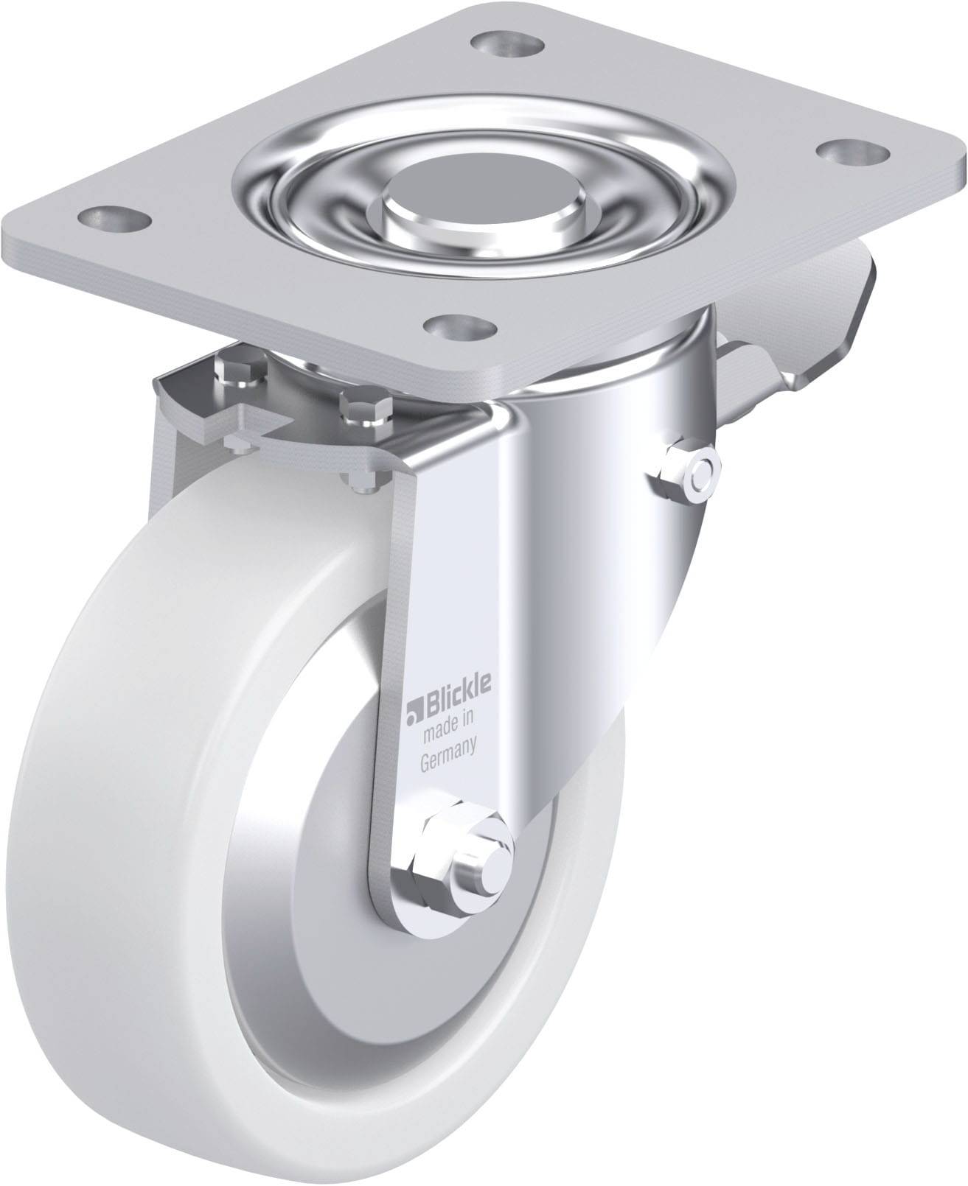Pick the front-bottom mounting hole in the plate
point(462,326)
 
